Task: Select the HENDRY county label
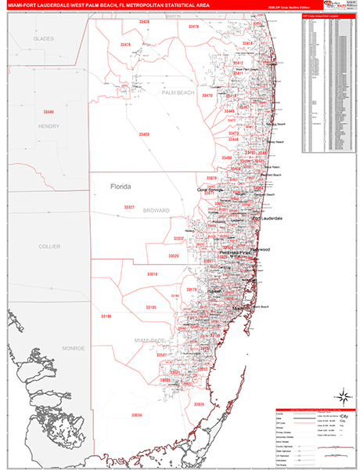coord(49,125)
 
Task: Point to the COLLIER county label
coord(49,246)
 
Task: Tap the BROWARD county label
coord(157,211)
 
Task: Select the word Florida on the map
coord(121,186)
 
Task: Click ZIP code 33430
coord(144,135)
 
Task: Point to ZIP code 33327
coord(129,207)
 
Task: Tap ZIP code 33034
coord(137,414)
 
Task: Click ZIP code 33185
coord(152,307)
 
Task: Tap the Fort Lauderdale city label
coord(266,219)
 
